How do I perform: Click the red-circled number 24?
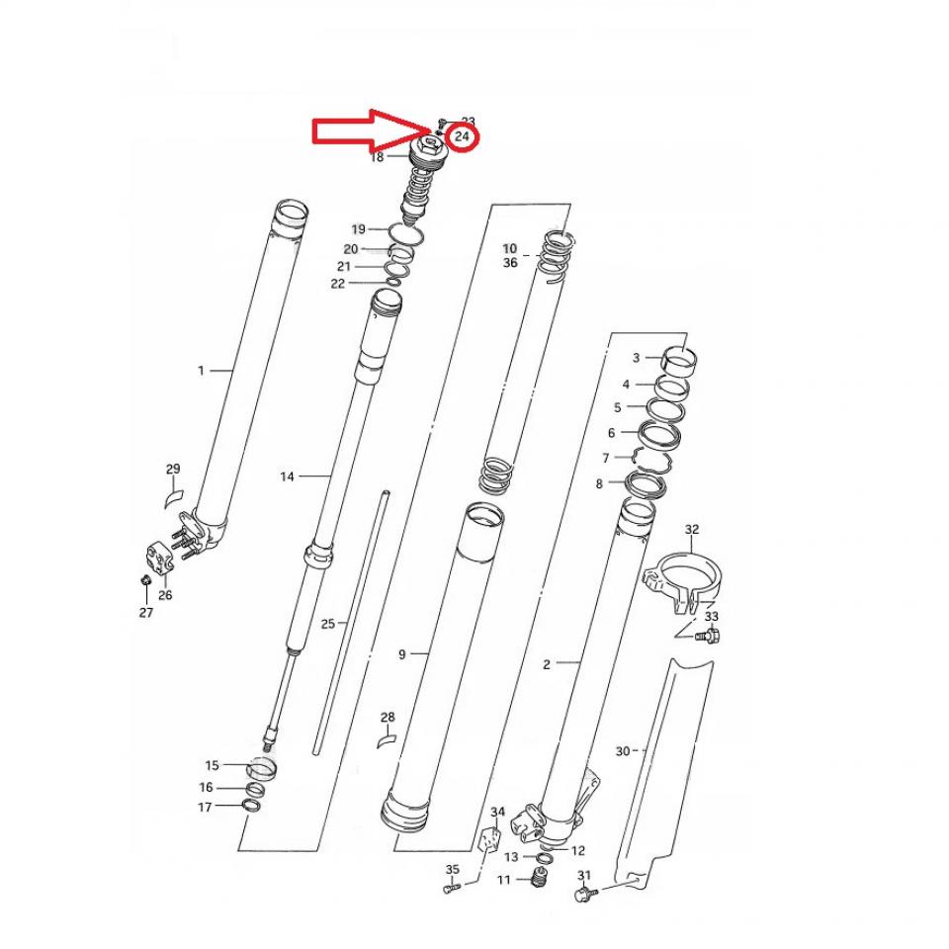(462, 136)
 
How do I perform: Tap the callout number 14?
(287, 476)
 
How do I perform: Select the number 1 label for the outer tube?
(201, 371)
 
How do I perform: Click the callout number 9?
(402, 654)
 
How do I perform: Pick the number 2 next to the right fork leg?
(547, 664)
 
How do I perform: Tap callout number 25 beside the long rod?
(328, 624)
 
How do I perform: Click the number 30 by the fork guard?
(623, 751)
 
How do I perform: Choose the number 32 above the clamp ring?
(692, 531)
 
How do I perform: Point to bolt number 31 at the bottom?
(583, 895)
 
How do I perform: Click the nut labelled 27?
(145, 579)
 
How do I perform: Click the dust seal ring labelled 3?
(677, 357)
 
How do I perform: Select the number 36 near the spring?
(510, 263)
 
